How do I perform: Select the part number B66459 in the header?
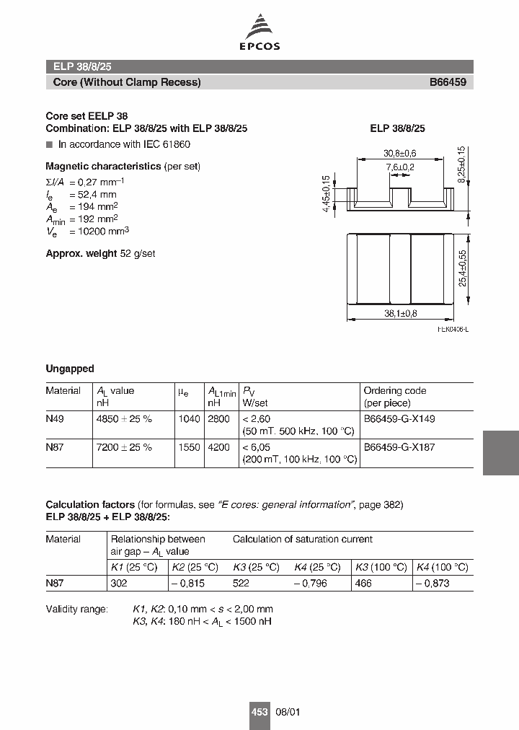pos(448,82)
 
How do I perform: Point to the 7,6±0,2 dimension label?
pos(400,167)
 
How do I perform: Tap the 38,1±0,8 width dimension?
pos(401,314)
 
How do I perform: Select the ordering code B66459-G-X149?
pos(399,418)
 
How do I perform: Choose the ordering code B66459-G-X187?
pos(399,447)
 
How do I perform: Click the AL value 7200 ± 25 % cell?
pos(124,447)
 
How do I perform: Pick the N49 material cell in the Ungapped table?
pos(55,418)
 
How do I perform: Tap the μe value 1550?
pos(188,447)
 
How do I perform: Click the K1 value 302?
pos(118,583)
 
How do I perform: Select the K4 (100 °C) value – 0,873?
pos(433,583)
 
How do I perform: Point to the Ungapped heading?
pos(70,369)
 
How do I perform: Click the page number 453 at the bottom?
pos(259,712)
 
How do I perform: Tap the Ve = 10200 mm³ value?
pos(87,231)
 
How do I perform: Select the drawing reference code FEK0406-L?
pos(453,329)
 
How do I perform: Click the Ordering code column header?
pos(395,390)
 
